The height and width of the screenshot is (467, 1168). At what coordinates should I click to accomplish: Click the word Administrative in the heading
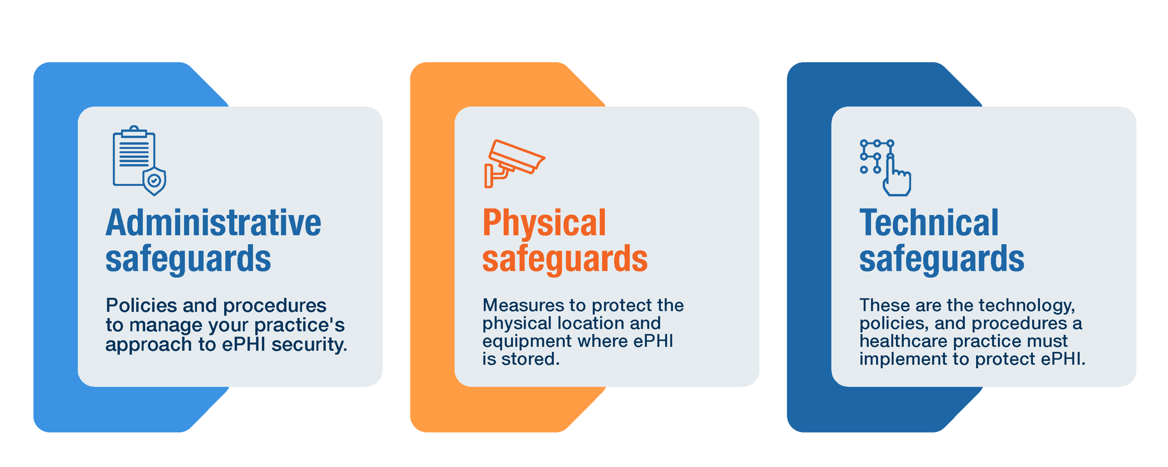click(213, 223)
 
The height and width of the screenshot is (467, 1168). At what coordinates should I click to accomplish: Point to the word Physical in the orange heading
click(544, 223)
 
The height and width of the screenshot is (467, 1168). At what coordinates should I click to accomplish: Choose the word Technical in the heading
click(929, 223)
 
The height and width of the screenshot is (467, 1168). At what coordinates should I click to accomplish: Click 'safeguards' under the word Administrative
click(188, 259)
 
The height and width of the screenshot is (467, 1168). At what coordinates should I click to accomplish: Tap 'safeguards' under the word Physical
click(565, 259)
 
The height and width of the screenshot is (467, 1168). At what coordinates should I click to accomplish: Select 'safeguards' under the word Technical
click(942, 259)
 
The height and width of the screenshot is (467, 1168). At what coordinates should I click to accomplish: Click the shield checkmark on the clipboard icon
click(155, 181)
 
